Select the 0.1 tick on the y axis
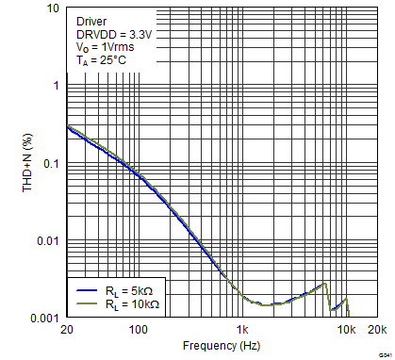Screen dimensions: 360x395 pos(51,163)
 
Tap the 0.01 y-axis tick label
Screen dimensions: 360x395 pos(48,242)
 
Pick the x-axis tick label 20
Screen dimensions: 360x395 pos(67,330)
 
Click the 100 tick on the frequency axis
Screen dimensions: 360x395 pos(139,330)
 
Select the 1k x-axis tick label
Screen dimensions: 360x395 pos(242,330)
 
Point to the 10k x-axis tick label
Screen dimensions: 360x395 pos(346,330)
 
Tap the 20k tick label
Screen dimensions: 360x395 pos(376,330)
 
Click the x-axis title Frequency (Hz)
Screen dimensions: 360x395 pos(221,346)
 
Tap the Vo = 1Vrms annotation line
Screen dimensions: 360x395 pos(107,46)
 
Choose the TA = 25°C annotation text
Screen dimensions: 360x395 pos(101,60)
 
